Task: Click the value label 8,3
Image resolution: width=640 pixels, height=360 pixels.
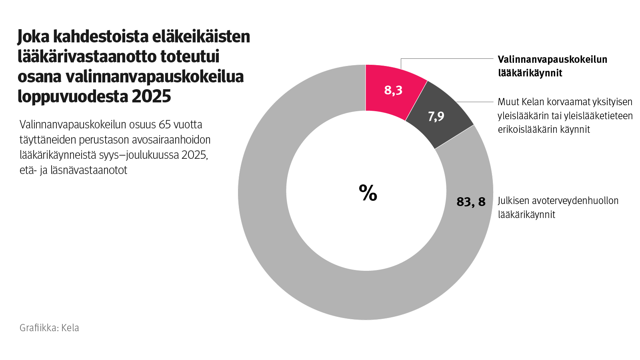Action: [393, 90]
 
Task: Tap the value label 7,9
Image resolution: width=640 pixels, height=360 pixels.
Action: [436, 116]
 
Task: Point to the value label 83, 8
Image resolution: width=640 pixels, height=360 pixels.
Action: [471, 202]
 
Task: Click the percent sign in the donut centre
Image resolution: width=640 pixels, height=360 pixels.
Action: [368, 193]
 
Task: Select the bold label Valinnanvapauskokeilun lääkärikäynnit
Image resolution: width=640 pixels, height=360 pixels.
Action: [552, 66]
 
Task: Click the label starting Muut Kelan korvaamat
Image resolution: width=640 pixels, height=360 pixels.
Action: [565, 116]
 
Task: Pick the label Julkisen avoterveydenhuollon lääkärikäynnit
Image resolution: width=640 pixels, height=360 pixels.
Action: [558, 207]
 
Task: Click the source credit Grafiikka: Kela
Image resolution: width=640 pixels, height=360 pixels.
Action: [49, 328]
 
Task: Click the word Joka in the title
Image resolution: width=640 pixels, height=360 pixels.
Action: [33, 37]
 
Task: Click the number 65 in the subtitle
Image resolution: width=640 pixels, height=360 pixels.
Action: [164, 125]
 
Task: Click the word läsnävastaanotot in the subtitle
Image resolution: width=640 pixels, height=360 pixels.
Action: [89, 170]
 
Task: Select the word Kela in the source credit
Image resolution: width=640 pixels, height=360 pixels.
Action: [70, 328]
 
